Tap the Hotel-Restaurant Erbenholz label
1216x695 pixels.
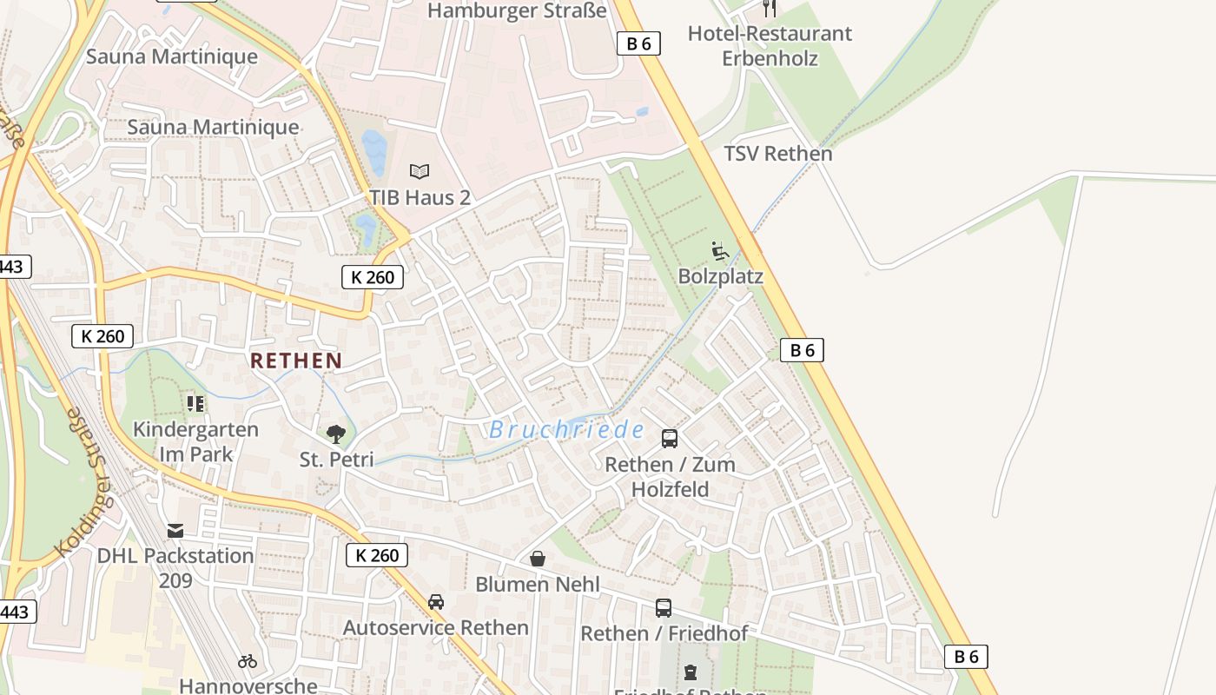(770, 45)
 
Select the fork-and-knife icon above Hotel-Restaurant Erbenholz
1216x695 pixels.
(770, 8)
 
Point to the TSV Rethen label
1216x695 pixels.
(778, 154)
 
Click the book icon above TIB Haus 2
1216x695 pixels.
(420, 171)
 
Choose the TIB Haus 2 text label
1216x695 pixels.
(420, 197)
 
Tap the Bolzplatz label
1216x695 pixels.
(720, 276)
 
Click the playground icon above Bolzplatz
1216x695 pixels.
(719, 251)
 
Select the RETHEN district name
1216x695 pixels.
(296, 361)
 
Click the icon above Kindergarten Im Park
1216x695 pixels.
(195, 403)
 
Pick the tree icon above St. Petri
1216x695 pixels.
(336, 434)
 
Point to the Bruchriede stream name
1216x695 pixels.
(566, 429)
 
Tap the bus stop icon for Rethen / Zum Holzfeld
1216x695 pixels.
(670, 439)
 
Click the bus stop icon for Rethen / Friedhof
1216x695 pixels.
(664, 608)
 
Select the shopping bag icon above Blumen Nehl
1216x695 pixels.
(538, 559)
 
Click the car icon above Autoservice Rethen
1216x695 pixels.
(436, 602)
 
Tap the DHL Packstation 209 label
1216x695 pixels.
(175, 567)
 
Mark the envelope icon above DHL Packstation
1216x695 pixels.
(176, 530)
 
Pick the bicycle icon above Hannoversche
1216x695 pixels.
(248, 661)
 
